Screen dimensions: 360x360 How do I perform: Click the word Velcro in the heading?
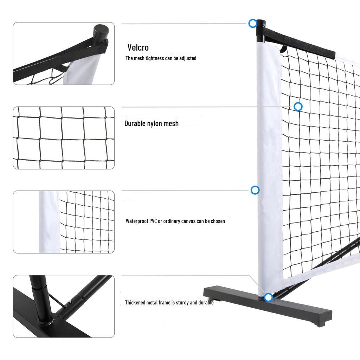click(x=138, y=47)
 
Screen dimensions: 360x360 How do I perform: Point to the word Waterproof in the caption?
click(x=137, y=221)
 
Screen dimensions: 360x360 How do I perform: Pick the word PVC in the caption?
click(x=153, y=221)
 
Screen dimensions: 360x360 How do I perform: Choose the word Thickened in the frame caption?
click(x=136, y=302)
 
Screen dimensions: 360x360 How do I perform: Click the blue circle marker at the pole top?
click(x=252, y=24)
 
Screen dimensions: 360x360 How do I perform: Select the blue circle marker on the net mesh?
click(x=298, y=107)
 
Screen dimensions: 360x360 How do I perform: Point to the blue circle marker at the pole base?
click(x=268, y=297)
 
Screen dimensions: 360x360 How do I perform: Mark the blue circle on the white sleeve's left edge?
click(x=255, y=190)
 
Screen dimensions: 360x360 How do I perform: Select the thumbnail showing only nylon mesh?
click(x=64, y=138)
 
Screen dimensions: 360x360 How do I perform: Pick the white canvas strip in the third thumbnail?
click(x=49, y=222)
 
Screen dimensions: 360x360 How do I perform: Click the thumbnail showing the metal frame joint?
click(x=64, y=306)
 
